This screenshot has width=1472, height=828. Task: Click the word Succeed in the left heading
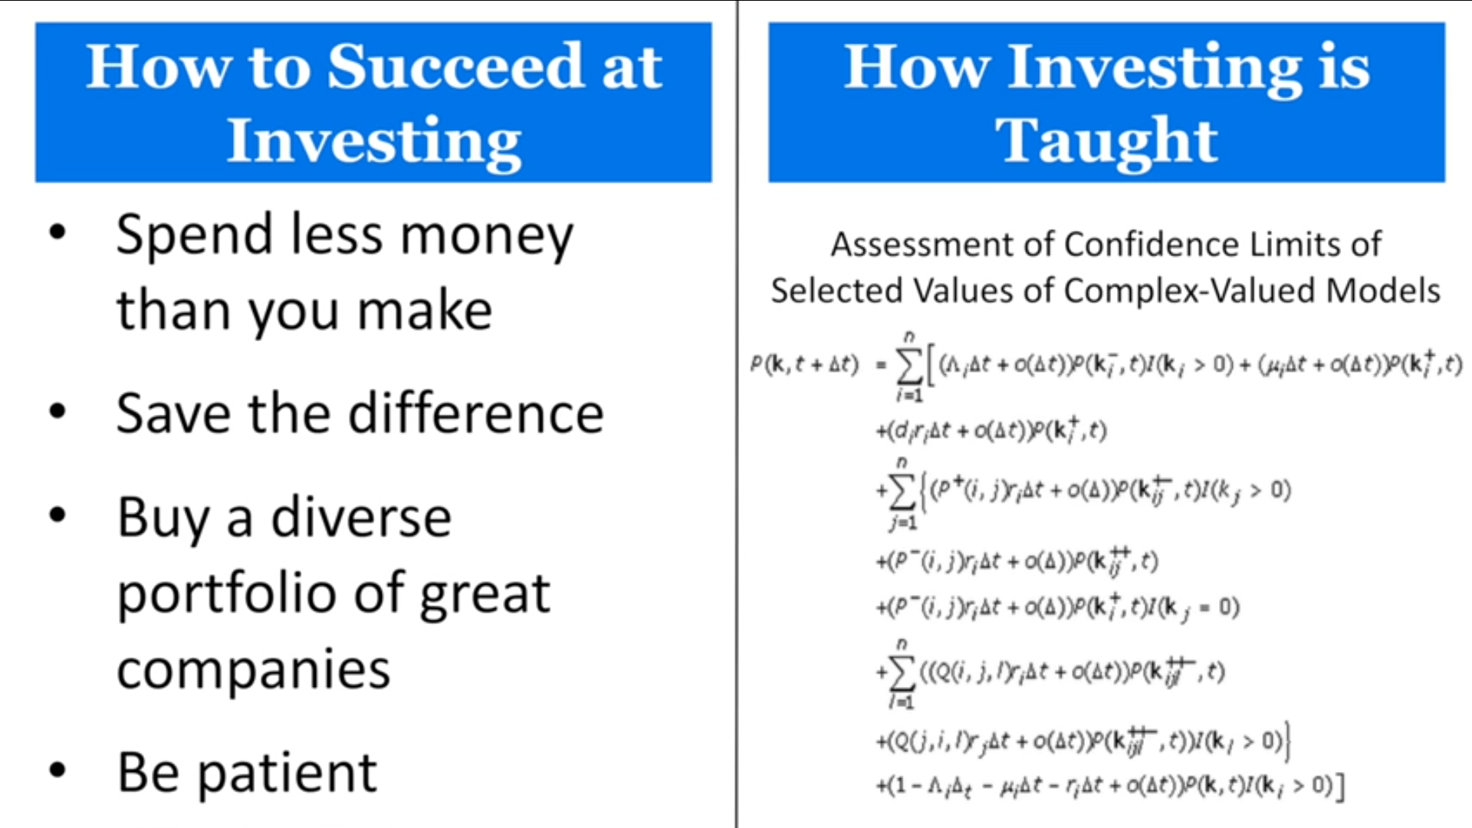[x=457, y=67]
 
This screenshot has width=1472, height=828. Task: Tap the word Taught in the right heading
[x=1106, y=141]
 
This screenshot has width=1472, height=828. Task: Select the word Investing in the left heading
[x=374, y=141]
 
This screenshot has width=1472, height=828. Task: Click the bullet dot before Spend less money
[x=58, y=232]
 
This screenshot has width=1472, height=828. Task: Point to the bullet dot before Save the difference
[x=58, y=412]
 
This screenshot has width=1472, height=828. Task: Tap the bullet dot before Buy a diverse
[x=58, y=514]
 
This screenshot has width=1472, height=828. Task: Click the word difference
[x=476, y=413]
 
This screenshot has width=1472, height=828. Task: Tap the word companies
[x=253, y=669]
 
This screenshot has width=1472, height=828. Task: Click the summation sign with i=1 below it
[x=909, y=367]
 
